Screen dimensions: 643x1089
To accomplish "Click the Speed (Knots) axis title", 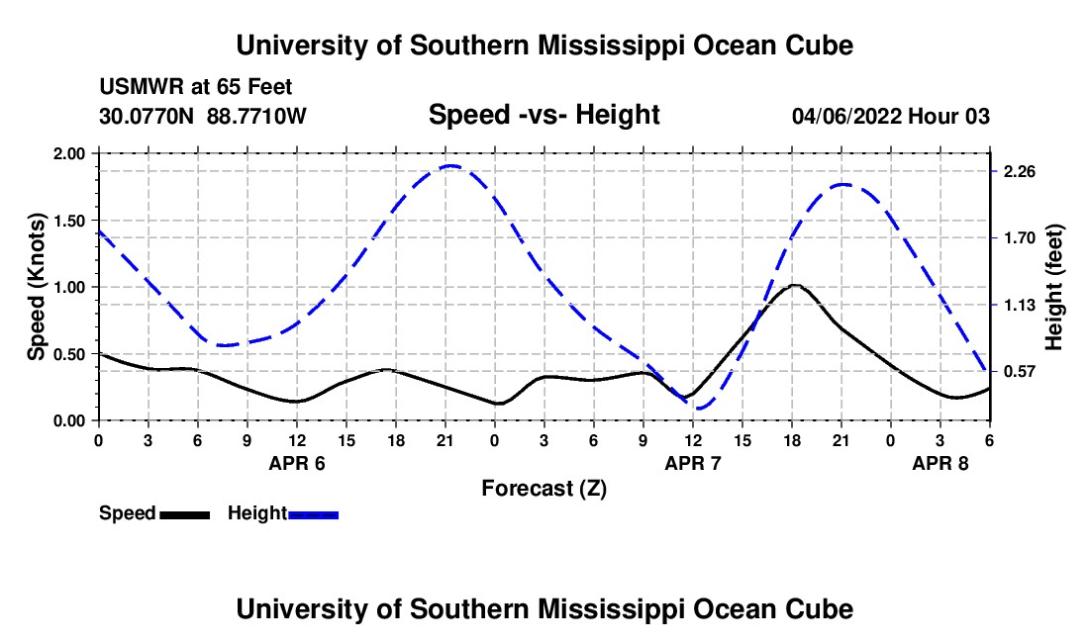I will coord(37,287).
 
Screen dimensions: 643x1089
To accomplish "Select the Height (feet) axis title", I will coord(1053,287).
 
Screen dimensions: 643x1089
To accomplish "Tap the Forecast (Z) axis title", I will coord(544,488).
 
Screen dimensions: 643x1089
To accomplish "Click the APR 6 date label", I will coord(297,463).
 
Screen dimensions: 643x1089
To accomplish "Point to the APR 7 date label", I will coord(693,463).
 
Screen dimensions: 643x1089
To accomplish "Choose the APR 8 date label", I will coord(940,463).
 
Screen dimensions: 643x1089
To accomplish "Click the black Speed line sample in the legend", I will coord(185,514).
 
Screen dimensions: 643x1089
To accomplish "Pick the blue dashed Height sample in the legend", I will coord(314,514).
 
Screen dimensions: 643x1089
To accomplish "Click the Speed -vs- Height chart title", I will coord(544,116).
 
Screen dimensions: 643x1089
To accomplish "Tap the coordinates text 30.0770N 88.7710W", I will coord(203,116).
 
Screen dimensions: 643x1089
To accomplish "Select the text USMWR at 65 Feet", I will coord(196,87).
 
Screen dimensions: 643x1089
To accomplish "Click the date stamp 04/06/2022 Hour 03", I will coord(890,116).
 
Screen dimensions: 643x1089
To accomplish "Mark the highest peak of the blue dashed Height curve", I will coord(450,165).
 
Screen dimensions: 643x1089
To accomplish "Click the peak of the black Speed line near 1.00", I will coord(794,285).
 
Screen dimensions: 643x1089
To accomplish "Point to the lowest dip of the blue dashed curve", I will coord(700,408).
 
